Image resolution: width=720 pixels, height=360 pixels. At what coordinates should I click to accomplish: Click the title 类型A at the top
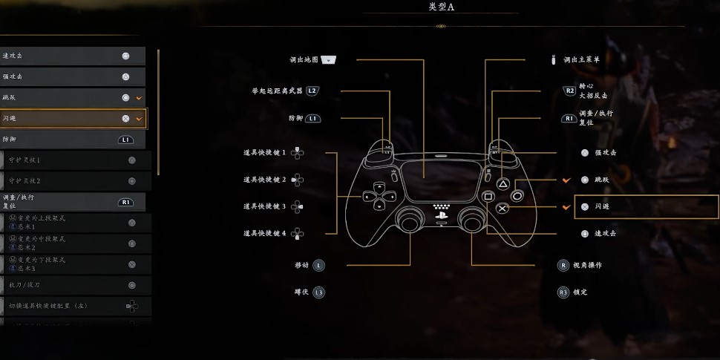(441, 7)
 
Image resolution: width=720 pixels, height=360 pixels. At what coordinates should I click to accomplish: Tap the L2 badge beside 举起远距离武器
(312, 91)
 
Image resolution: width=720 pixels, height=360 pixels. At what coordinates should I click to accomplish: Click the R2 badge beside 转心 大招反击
(569, 91)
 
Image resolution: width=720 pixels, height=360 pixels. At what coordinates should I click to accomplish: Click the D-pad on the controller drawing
(378, 197)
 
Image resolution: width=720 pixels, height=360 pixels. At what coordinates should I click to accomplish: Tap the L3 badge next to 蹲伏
(318, 292)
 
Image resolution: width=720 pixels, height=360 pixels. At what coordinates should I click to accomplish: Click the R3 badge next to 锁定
(563, 292)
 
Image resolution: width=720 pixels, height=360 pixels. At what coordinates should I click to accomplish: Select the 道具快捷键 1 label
(264, 152)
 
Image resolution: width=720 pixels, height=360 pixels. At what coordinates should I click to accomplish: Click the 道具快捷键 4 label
(264, 234)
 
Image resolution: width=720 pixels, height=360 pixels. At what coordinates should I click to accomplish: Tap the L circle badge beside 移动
(318, 265)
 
